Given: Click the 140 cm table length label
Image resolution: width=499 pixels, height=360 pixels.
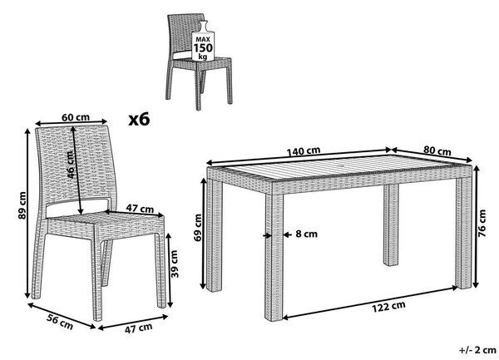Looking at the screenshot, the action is pos(304,151).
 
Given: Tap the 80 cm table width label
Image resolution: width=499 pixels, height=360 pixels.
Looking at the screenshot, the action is pos(437,150).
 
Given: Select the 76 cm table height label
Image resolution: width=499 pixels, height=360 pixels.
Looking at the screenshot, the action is pos(482,223).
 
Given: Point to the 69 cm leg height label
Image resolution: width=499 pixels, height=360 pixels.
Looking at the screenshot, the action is pos(198,228).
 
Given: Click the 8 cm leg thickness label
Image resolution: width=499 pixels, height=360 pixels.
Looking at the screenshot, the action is pos(306,234).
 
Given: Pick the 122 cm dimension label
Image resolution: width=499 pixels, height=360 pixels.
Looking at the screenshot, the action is pos(388,307).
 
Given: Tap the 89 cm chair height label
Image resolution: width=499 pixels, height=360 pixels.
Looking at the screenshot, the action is pos(22,205).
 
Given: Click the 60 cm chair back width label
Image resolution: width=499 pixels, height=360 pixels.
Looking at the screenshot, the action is pos(76,117).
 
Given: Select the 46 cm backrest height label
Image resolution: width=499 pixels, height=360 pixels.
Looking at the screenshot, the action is pos(71,165).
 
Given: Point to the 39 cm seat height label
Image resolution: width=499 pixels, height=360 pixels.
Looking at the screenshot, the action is pos(175,264).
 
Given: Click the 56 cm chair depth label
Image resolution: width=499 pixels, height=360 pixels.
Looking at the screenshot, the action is pos(60,321).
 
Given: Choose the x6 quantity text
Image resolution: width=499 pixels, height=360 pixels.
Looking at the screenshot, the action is pos(139,120).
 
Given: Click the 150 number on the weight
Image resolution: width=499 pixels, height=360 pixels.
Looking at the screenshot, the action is pos(203,48).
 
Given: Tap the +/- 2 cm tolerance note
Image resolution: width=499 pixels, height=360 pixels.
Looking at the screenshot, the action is pos(477,350).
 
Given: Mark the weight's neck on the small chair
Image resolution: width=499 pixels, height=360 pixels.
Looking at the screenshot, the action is pos(203,26).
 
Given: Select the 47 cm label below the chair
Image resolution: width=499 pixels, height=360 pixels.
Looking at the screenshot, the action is pos(138,328).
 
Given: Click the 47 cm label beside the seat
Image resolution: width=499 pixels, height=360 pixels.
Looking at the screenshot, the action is pos(140,209).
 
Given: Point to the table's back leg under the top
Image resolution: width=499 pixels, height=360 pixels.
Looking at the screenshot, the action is pos(391,224).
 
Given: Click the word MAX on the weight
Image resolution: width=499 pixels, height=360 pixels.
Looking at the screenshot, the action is pos(203,40).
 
